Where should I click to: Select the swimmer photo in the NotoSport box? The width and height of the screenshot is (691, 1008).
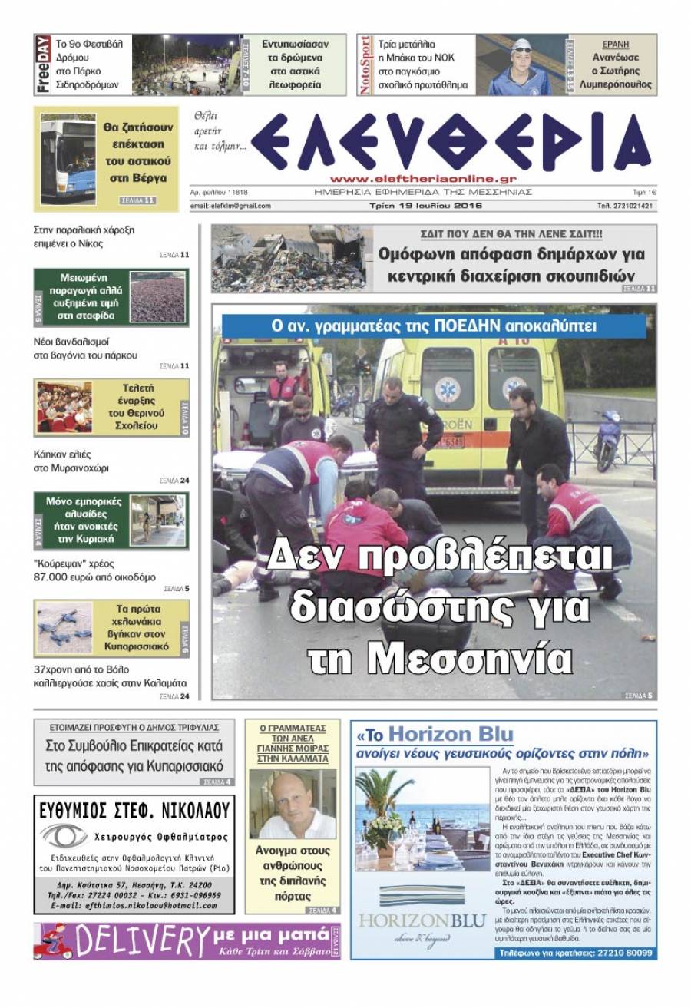521,66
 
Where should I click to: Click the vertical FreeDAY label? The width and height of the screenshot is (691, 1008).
43,64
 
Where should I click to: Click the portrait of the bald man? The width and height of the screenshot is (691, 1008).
293,805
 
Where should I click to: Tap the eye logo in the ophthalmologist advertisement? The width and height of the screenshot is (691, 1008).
64,835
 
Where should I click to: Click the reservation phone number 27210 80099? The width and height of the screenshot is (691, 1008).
618,953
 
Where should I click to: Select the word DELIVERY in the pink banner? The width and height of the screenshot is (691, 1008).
137,940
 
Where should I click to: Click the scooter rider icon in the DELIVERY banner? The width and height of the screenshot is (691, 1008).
51,941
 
